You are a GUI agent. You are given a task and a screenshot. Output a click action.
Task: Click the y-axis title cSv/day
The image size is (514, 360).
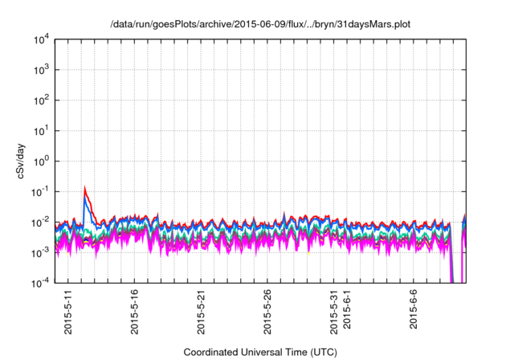coord(25,160)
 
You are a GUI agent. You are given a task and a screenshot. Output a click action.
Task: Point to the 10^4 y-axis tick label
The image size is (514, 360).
coord(43,39)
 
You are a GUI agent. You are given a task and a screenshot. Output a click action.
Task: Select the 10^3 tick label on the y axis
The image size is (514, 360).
coord(43,70)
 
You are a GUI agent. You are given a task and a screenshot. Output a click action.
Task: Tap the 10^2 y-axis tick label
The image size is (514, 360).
coord(43,100)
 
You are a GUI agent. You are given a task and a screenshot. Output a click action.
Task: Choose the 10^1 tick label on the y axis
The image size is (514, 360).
coord(43,130)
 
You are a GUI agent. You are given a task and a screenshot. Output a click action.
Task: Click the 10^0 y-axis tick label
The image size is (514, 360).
coord(43,161)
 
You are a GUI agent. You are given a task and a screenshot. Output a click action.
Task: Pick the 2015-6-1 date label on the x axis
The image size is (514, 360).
coord(348,313)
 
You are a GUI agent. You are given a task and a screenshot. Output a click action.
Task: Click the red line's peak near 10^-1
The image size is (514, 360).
coord(85,189)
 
